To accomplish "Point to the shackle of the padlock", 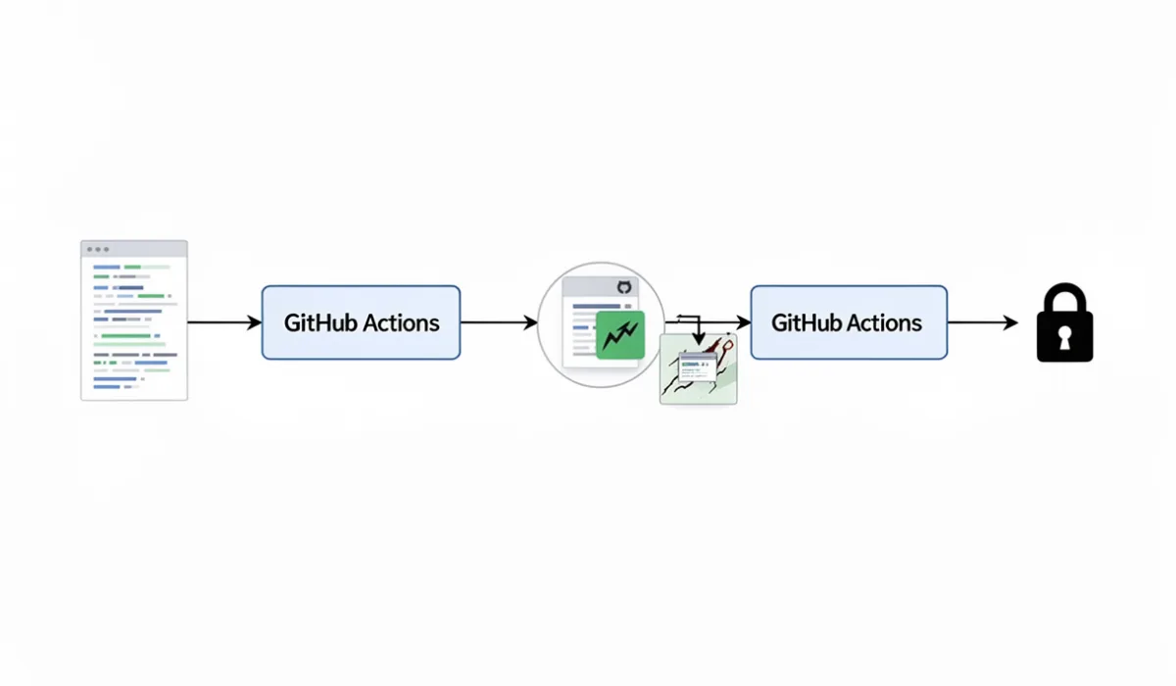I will pyautogui.click(x=1064, y=297).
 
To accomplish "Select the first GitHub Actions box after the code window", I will pyautogui.click(x=361, y=322).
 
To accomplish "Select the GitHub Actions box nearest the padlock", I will pyautogui.click(x=848, y=322).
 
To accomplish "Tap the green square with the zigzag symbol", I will pyautogui.click(x=619, y=336).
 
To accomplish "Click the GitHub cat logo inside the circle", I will pyautogui.click(x=623, y=287).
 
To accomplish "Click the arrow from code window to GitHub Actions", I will pyautogui.click(x=223, y=322).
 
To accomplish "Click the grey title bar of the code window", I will pyautogui.click(x=134, y=249).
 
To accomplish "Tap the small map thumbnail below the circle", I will pyautogui.click(x=698, y=370).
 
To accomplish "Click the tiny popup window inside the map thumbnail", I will pyautogui.click(x=697, y=363).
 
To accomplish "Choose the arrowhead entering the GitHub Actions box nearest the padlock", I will pyautogui.click(x=743, y=322).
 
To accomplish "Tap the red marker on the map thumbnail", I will pyautogui.click(x=727, y=345).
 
